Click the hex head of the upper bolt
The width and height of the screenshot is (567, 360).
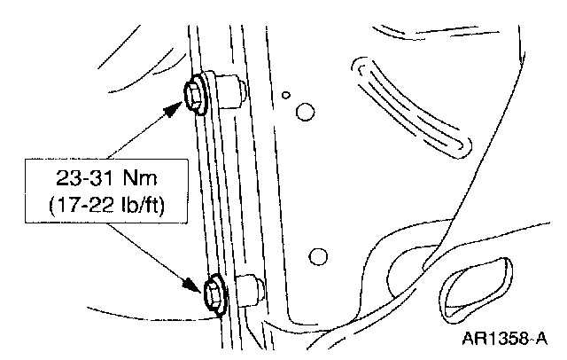pyautogui.click(x=194, y=91)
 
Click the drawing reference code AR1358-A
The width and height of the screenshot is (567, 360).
pyautogui.click(x=505, y=337)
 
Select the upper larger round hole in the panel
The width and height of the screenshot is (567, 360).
pyautogui.click(x=304, y=112)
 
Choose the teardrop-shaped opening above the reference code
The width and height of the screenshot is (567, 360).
pyautogui.click(x=474, y=285)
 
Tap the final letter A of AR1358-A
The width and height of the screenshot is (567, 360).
pyautogui.click(x=541, y=337)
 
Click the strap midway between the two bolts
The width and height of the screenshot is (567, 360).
pyautogui.click(x=213, y=191)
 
